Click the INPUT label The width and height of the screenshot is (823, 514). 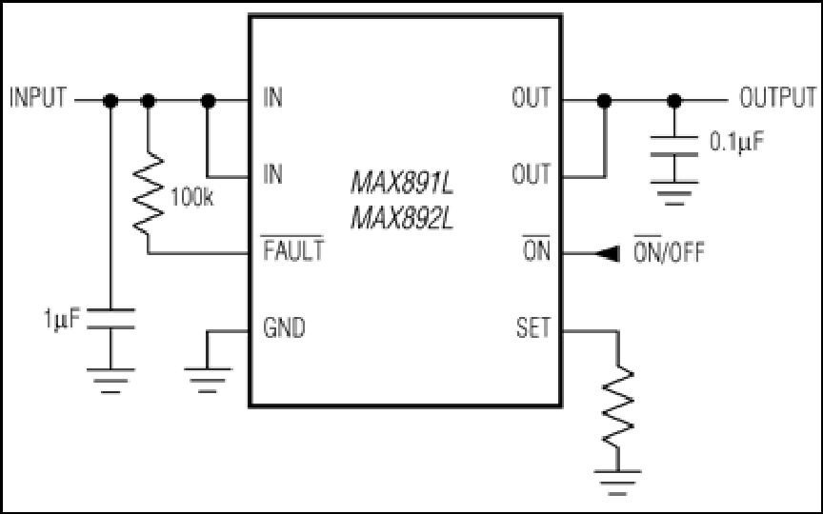tap(38, 98)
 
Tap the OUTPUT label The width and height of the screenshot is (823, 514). tap(778, 98)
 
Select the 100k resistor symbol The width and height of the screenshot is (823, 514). tap(148, 193)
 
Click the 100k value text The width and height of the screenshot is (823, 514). tap(192, 198)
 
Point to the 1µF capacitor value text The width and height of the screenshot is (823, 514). tap(62, 319)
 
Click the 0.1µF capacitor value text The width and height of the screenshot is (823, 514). tap(737, 142)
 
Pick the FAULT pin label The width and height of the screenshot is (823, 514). tap(293, 249)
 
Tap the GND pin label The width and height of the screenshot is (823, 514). tap(284, 327)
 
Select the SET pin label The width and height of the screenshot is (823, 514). tap(533, 327)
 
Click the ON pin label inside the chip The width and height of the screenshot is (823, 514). tap(536, 249)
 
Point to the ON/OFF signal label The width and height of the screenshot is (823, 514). tap(669, 250)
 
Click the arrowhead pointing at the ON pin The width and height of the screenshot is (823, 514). tap(608, 254)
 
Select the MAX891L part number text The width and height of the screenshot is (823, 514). tap(402, 184)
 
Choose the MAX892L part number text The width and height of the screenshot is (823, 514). tap(402, 218)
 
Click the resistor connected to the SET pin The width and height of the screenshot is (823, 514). tap(618, 407)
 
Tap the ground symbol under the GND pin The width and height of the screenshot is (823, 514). tap(208, 380)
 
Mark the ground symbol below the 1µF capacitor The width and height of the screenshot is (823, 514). tap(110, 381)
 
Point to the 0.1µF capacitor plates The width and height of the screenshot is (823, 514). tap(674, 146)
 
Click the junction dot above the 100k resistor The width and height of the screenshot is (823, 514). tap(148, 100)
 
